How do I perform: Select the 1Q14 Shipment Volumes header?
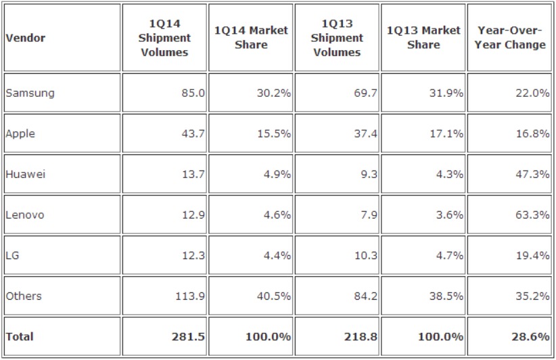tap(165, 38)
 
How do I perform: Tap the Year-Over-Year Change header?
tap(511, 38)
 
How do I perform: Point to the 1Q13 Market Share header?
tap(423, 38)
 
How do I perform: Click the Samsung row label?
tap(30, 93)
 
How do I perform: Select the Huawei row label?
tap(25, 174)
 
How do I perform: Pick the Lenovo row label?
tap(25, 215)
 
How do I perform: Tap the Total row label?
tap(20, 336)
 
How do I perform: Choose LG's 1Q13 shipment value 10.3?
tap(365, 255)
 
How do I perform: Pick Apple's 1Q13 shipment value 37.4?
tap(365, 133)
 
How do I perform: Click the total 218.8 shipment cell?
tap(363, 336)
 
